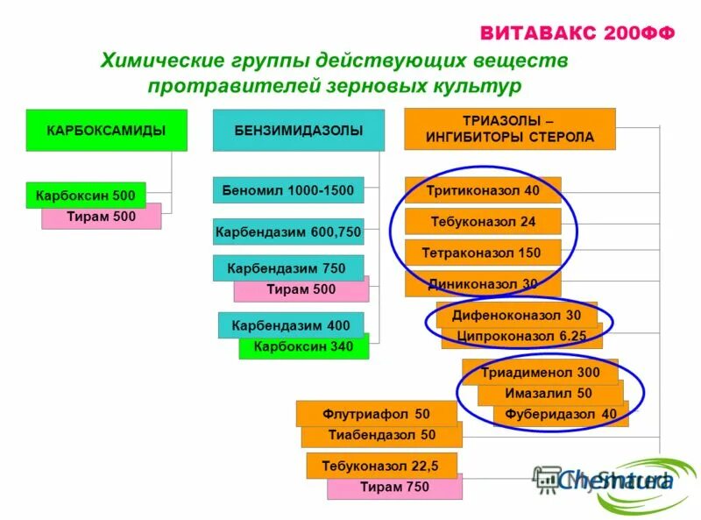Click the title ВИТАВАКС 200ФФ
click(577, 33)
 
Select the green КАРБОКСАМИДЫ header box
click(106, 131)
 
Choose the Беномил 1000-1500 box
click(287, 190)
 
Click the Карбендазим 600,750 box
click(287, 232)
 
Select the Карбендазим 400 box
click(290, 324)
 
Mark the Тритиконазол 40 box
click(482, 190)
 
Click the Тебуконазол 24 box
click(482, 221)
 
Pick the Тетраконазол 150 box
click(482, 253)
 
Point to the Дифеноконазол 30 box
click(516, 314)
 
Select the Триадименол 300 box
click(540, 372)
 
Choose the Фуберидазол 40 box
click(561, 415)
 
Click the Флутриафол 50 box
click(375, 413)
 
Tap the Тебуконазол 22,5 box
click(380, 465)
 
